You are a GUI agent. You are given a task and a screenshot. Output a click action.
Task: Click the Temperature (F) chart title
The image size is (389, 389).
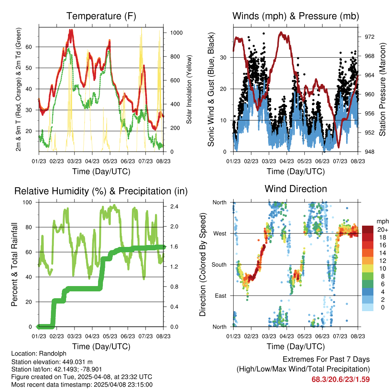point(101,16)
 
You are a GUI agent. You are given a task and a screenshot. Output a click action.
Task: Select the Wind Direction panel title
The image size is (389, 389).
point(296,189)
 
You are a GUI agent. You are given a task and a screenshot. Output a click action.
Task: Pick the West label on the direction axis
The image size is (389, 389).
point(220,233)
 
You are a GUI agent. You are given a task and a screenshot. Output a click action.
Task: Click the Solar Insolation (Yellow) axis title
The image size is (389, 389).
point(189,89)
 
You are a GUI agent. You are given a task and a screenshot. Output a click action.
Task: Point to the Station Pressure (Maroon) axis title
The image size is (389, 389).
point(383,89)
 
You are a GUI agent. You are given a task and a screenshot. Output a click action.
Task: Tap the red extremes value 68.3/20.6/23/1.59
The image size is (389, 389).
point(340,379)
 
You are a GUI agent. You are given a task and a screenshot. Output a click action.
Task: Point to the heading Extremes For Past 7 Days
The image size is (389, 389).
point(326,359)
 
